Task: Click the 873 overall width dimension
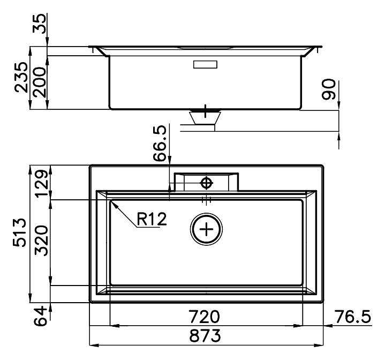pyautogui.click(x=205, y=336)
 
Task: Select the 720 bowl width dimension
pyautogui.click(x=204, y=317)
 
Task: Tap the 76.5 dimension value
pyautogui.click(x=353, y=317)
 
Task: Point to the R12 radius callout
pyautogui.click(x=152, y=219)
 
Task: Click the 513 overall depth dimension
pyautogui.click(x=19, y=232)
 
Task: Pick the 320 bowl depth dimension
pyautogui.click(x=41, y=241)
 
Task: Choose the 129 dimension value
pyautogui.click(x=41, y=183)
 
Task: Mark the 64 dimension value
pyautogui.click(x=40, y=316)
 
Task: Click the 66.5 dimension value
pyautogui.click(x=160, y=143)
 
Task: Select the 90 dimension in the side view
pyautogui.click(x=329, y=89)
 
